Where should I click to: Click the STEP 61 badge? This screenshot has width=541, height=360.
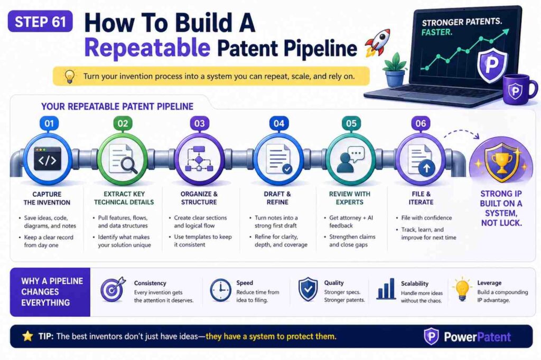[x=40, y=23]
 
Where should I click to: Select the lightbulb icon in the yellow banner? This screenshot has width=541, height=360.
[x=69, y=77]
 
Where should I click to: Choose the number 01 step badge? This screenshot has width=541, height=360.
[x=49, y=124]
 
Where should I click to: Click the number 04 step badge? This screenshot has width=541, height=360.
[x=278, y=124]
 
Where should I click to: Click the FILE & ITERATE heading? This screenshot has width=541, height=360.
[x=421, y=198]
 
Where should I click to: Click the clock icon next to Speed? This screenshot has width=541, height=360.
[x=219, y=290]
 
